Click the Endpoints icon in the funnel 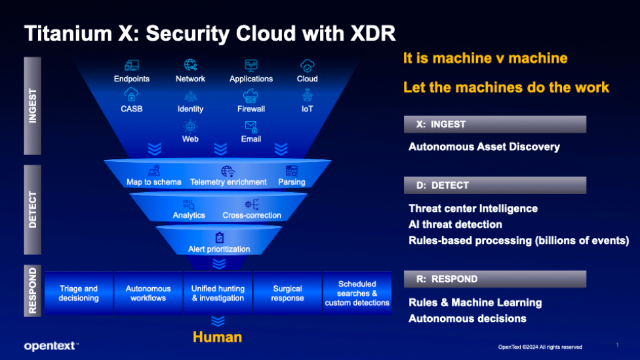pyautogui.click(x=131, y=65)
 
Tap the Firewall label pyautogui.click(x=251, y=109)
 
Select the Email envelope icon pyautogui.click(x=250, y=126)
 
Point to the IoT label pyautogui.click(x=307, y=109)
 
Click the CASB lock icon pyautogui.click(x=131, y=95)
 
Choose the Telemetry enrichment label pyautogui.click(x=228, y=182)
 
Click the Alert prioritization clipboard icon pyautogui.click(x=220, y=237)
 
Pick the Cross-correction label pyautogui.click(x=252, y=215)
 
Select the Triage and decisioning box pyautogui.click(x=79, y=293)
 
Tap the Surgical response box pyautogui.click(x=287, y=293)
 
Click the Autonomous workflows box pyautogui.click(x=148, y=293)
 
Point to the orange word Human pyautogui.click(x=217, y=337)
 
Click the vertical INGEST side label pyautogui.click(x=33, y=106)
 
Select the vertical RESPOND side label pyautogui.click(x=33, y=290)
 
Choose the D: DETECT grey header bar pyautogui.click(x=495, y=186)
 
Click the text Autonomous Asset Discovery pyautogui.click(x=484, y=147)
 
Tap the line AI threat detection pyautogui.click(x=455, y=224)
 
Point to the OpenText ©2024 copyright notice pyautogui.click(x=540, y=347)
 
